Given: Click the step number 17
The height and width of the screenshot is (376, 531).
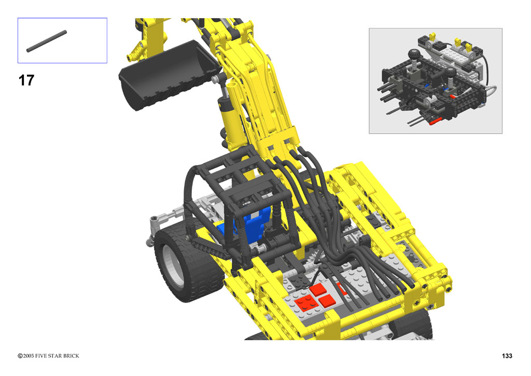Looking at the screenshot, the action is tap(26, 80).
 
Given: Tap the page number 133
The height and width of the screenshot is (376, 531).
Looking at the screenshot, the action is tap(507, 356).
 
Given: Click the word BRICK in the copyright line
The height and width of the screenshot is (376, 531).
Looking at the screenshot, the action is tap(71, 356).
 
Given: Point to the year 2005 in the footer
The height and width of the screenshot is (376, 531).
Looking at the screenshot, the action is tap(29, 356).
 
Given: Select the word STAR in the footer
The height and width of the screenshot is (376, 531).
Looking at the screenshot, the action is tap(55, 356).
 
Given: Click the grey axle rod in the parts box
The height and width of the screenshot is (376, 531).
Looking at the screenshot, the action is tap(46, 42).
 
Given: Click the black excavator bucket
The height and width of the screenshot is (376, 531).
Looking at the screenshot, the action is tap(167, 75).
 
